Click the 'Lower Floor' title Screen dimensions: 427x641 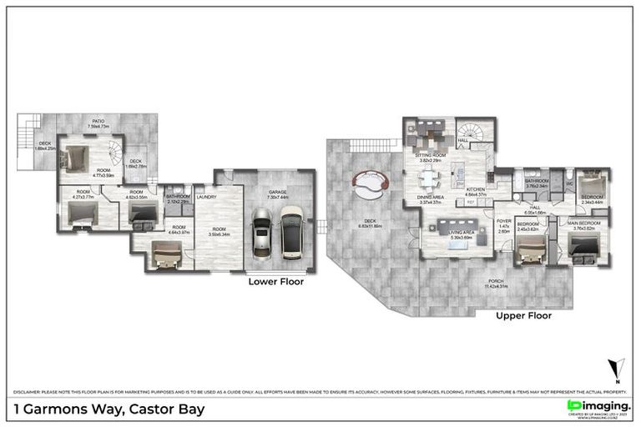point(275,282)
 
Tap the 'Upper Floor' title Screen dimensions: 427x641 point(523,316)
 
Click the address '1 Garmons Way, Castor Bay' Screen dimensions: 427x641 point(109,409)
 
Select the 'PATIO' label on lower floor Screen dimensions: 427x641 point(98,123)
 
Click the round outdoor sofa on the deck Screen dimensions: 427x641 point(371,183)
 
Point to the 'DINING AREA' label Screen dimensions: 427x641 point(431,198)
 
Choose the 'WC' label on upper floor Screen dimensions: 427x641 point(568,183)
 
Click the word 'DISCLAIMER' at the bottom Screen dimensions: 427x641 point(28,390)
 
